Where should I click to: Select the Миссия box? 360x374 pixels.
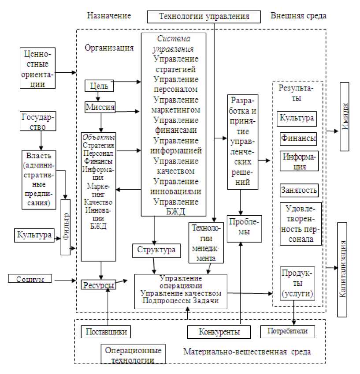pyautogui.click(x=100, y=107)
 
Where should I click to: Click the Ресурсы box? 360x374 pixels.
pyautogui.click(x=99, y=285)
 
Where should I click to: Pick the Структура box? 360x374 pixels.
pyautogui.click(x=156, y=250)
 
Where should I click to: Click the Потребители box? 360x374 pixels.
pyautogui.click(x=287, y=330)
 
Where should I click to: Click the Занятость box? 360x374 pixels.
pyautogui.click(x=299, y=191)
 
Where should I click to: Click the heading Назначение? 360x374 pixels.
pyautogui.click(x=109, y=16)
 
